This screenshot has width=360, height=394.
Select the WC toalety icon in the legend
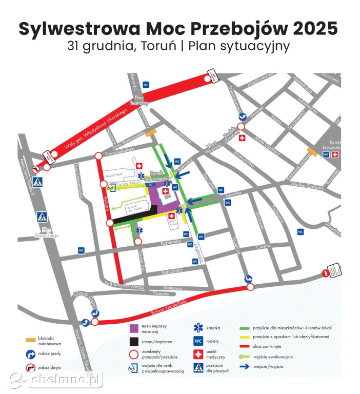(x=197, y=341)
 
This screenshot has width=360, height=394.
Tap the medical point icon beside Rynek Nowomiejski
(x=335, y=154)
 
